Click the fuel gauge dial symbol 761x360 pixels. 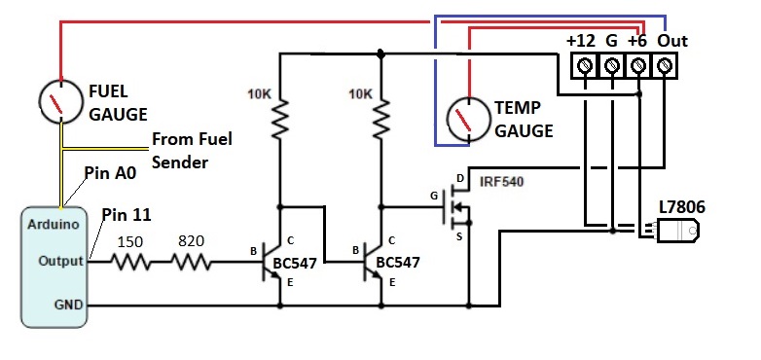click(x=60, y=102)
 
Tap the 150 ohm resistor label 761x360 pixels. click(x=130, y=241)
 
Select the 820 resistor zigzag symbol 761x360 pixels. click(x=191, y=263)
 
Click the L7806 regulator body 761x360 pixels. click(x=678, y=231)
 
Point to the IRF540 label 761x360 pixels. click(x=501, y=182)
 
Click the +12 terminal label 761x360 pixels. click(x=580, y=41)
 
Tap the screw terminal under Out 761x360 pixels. click(x=664, y=65)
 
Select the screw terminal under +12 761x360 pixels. click(x=586, y=65)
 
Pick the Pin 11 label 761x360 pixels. click(x=127, y=214)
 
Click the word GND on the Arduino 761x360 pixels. click(x=68, y=305)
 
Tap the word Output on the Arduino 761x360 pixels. click(x=60, y=261)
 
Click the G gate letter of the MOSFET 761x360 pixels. click(x=434, y=196)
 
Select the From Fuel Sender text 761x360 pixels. click(x=192, y=151)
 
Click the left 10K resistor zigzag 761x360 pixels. click(x=279, y=119)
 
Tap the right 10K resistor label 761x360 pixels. click(x=360, y=93)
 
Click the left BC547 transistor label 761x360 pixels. click(x=295, y=263)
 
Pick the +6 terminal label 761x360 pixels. click(x=637, y=41)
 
